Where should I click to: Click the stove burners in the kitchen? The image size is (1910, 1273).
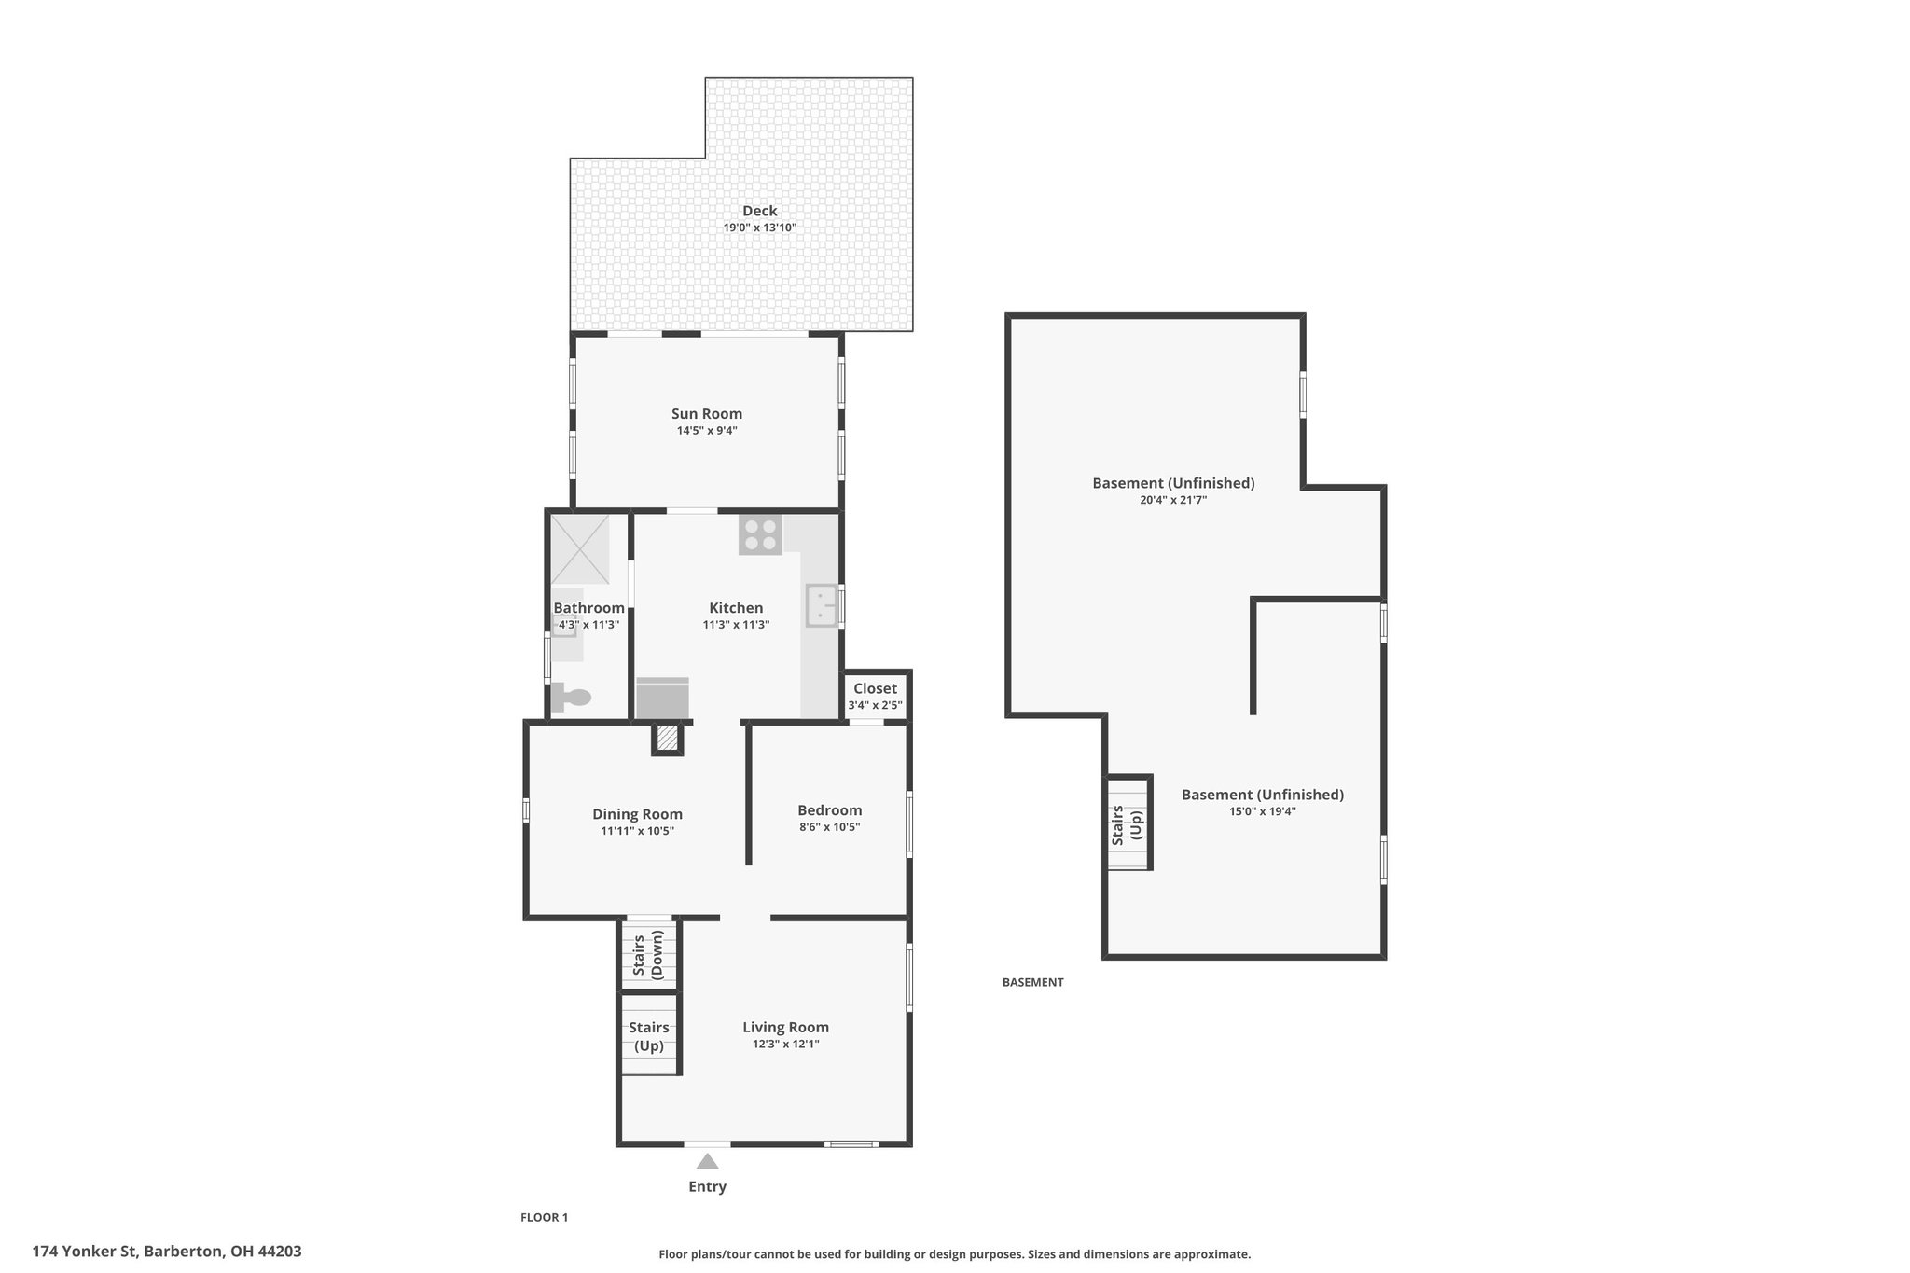(760, 534)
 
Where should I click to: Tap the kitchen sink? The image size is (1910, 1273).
(822, 605)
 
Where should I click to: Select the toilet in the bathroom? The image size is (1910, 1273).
(570, 698)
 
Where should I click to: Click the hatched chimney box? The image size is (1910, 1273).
(667, 739)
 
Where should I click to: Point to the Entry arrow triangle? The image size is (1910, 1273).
(708, 1161)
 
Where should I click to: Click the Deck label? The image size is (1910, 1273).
(760, 211)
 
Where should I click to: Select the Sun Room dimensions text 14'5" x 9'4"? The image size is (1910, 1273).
(707, 431)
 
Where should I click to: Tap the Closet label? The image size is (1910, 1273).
(875, 688)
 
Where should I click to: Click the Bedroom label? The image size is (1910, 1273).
(830, 810)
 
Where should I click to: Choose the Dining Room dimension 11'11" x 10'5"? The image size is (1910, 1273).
(638, 831)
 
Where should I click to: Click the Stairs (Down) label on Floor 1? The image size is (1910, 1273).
(648, 955)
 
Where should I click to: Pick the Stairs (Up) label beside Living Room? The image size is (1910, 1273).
(649, 1036)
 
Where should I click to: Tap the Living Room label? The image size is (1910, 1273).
(785, 1027)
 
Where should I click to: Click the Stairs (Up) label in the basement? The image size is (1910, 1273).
(1127, 825)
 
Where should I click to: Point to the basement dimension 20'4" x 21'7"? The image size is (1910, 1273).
(1173, 500)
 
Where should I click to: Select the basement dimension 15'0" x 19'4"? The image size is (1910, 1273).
(1263, 811)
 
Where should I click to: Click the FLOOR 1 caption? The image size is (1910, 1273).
(544, 1217)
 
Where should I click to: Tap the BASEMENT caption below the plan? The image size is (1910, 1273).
(1032, 982)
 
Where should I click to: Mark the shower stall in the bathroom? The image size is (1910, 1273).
(579, 549)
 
